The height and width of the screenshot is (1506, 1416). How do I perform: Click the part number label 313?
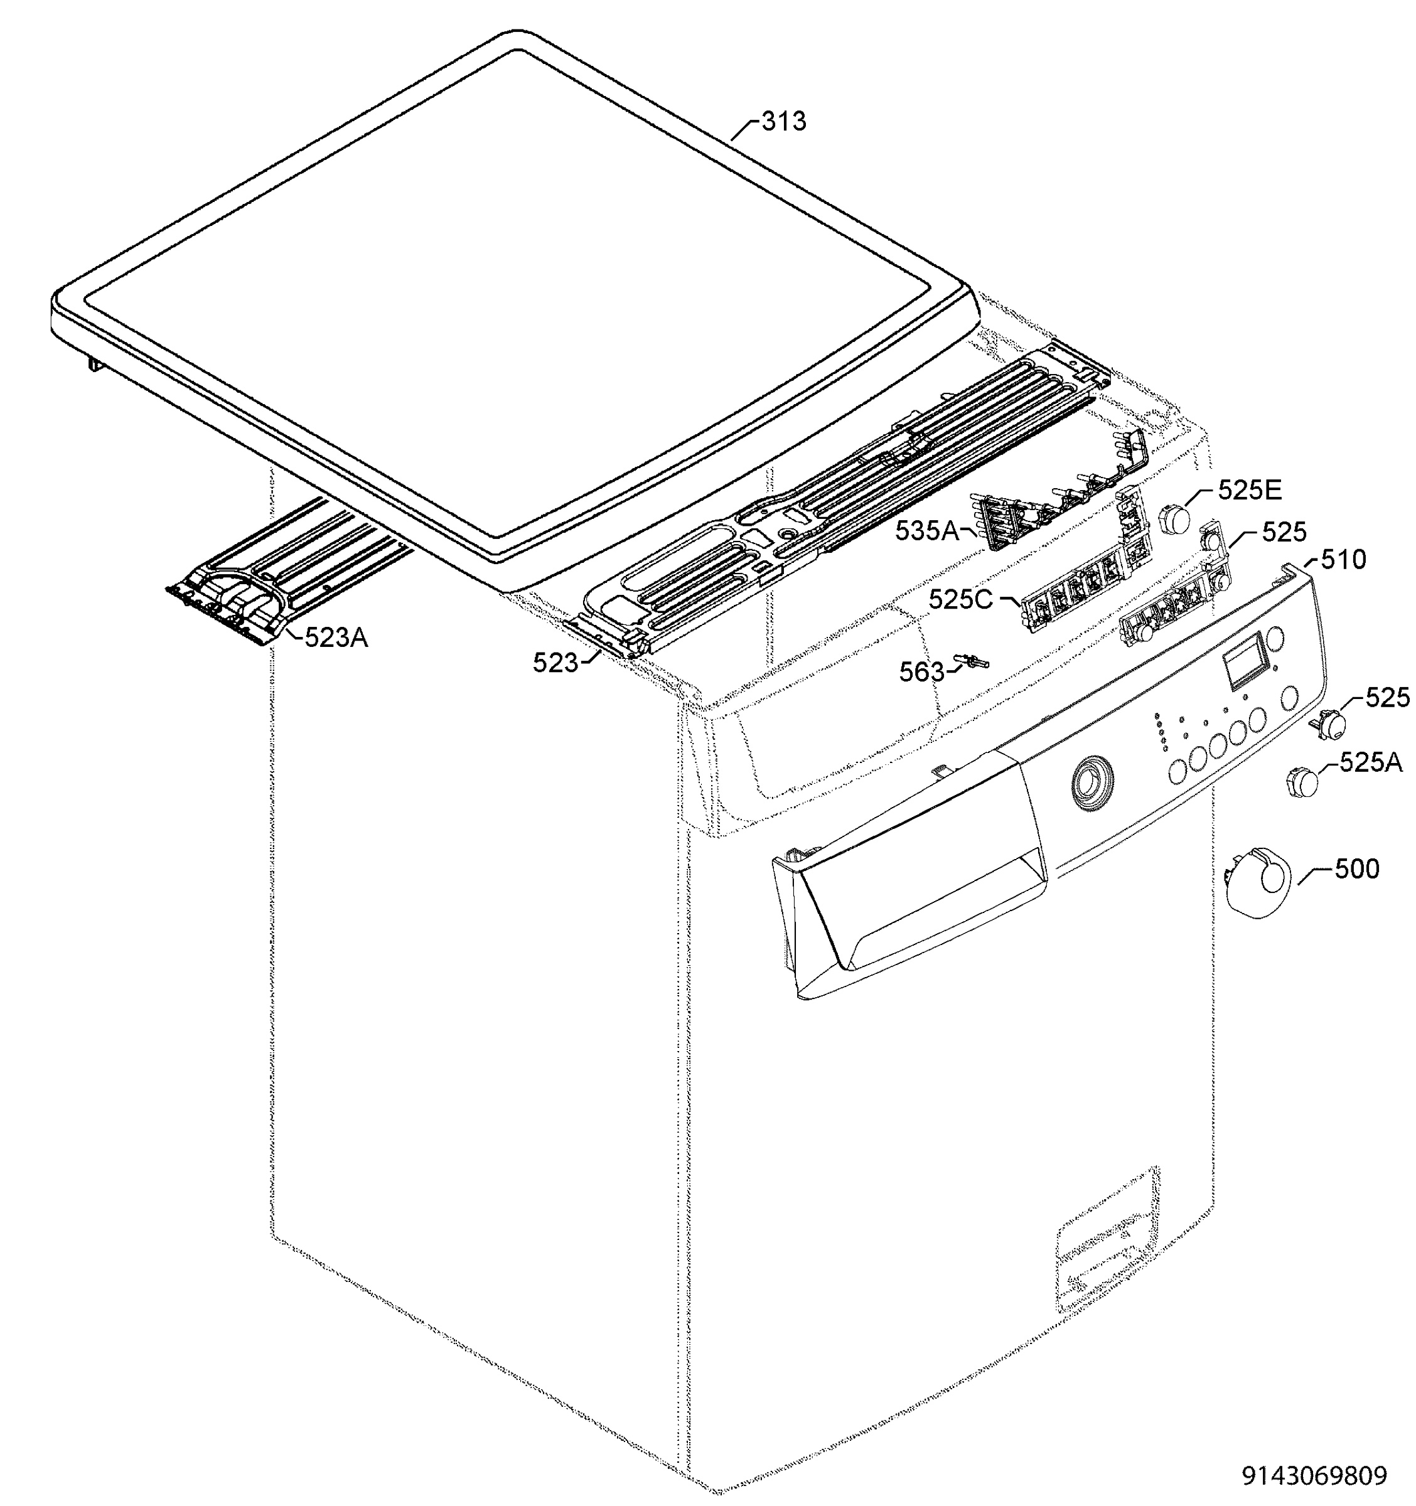pos(783,121)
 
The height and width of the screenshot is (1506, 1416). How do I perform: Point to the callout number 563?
pos(922,671)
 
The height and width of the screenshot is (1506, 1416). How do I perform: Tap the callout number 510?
pos(1343,560)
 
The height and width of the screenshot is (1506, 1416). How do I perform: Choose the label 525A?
pos(1371,762)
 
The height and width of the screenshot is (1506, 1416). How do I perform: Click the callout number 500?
pos(1356,869)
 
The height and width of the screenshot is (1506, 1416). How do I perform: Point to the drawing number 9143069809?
pos(1314,1475)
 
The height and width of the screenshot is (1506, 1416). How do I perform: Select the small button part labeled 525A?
pos(1302,781)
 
